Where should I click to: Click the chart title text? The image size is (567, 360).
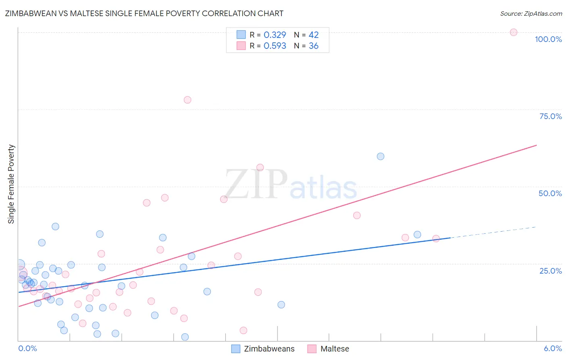144,13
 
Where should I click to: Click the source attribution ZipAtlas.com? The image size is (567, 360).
531,13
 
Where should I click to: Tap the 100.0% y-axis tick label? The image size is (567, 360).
548,39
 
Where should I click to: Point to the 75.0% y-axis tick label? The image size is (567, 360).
550,116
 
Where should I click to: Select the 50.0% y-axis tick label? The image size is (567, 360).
550,193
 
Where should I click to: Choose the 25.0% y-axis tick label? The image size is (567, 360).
550,270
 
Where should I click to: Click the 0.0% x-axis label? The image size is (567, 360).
27,348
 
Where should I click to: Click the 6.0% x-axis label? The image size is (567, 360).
552,348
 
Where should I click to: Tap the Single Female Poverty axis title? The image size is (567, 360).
11,184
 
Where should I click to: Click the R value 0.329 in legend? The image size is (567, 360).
275,35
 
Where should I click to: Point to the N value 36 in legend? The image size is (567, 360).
313,46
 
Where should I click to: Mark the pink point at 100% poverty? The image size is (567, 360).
513,32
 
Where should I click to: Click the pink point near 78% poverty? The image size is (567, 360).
187,100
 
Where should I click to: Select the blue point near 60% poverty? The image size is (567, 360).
380,156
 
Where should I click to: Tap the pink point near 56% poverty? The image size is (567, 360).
260,167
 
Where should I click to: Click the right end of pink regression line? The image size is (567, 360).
536,145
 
